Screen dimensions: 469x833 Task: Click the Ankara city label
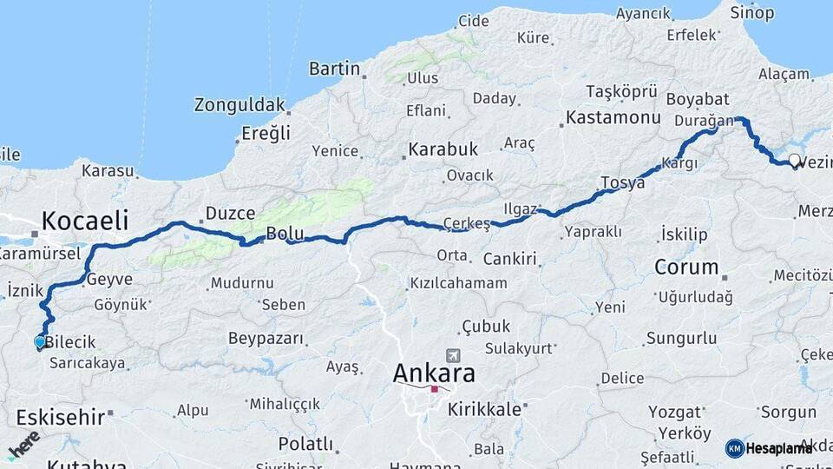click(x=434, y=373)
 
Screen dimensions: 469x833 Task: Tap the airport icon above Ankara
click(x=452, y=356)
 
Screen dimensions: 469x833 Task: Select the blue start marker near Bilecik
click(x=39, y=342)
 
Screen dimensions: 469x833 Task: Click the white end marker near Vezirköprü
click(x=795, y=160)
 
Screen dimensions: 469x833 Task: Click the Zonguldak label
click(x=239, y=105)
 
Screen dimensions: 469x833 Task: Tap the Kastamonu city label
click(x=613, y=117)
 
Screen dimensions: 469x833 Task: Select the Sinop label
click(x=751, y=12)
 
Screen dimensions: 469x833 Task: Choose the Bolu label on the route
click(x=285, y=233)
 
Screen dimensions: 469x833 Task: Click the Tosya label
click(x=622, y=183)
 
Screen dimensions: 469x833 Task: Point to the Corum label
click(x=686, y=267)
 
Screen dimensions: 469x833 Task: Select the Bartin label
click(x=334, y=68)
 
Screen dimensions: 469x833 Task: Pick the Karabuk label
click(x=443, y=149)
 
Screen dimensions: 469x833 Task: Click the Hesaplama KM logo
click(x=769, y=448)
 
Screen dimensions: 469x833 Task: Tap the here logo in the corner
click(x=23, y=444)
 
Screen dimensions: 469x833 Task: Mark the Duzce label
click(x=229, y=213)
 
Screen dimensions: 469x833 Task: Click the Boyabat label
click(x=698, y=98)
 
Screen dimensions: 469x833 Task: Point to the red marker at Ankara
click(x=434, y=389)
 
